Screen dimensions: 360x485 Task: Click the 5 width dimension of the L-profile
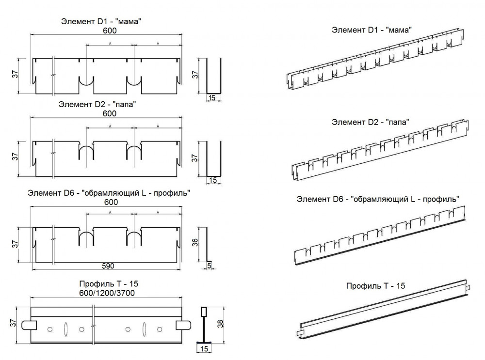209,266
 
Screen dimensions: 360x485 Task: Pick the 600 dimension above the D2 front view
110,113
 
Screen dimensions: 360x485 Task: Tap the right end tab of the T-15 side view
183,325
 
